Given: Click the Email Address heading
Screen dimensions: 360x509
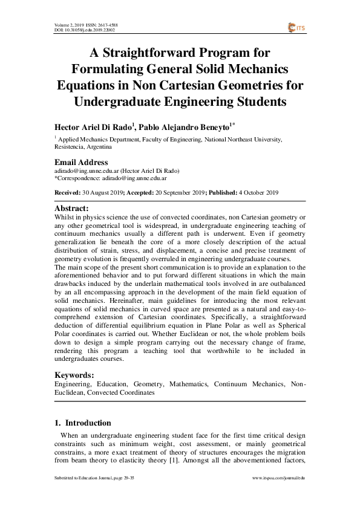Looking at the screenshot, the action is [x=81, y=162].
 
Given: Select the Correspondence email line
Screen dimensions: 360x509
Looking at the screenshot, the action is [x=111, y=179].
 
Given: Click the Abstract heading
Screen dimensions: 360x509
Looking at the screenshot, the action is [x=71, y=209].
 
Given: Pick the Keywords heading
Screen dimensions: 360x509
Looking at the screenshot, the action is [x=74, y=375].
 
